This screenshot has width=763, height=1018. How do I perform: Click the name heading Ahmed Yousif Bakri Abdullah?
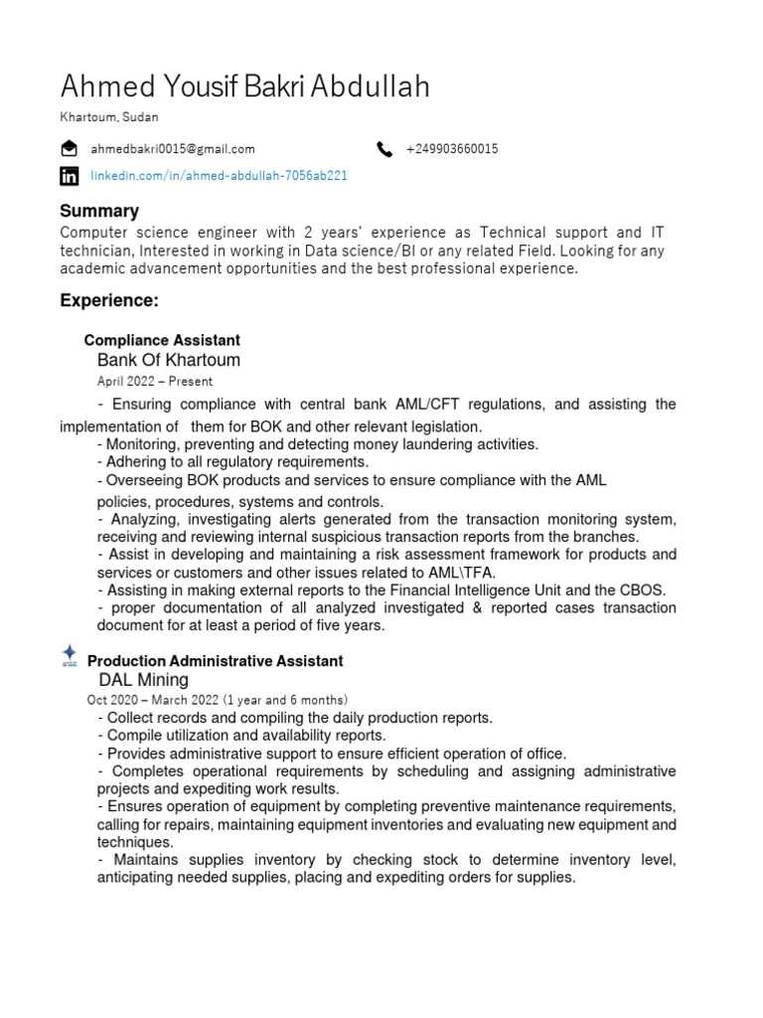point(244,86)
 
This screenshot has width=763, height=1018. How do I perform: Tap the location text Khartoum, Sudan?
point(109,117)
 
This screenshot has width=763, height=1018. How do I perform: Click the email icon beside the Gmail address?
point(69,149)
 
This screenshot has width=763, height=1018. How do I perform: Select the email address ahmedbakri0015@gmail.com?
point(173,149)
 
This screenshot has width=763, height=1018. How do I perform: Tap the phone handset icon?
point(384,149)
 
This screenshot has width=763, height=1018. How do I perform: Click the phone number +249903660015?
point(452,149)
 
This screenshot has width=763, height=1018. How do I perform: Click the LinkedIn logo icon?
point(69,176)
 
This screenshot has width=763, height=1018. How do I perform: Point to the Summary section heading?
point(99,211)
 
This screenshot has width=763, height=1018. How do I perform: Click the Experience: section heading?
point(109,300)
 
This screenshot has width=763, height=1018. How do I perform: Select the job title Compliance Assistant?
point(162,341)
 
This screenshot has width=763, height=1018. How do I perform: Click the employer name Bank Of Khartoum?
point(169,360)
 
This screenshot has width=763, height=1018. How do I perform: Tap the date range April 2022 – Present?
point(154,381)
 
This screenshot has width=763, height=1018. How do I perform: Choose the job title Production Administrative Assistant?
point(216,661)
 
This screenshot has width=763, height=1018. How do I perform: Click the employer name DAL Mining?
point(143,680)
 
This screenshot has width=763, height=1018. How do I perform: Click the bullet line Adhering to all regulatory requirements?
point(232,462)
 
